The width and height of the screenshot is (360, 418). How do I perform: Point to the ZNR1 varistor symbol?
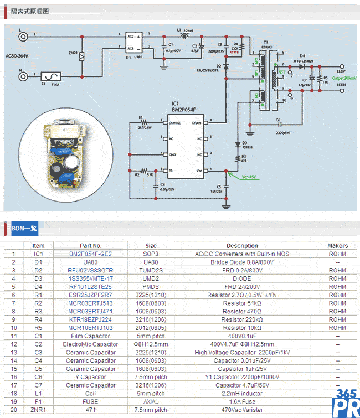(82, 55)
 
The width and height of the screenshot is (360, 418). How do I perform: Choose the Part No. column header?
(91, 246)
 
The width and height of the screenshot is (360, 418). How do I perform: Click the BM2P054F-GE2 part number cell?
(91, 254)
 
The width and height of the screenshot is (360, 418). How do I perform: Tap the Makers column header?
(337, 246)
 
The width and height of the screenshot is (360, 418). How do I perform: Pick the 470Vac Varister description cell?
(242, 410)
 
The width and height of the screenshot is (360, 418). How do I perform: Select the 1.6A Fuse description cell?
(242, 401)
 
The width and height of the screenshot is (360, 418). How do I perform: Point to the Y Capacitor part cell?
(91, 377)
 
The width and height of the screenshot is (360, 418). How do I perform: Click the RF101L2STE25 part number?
(91, 287)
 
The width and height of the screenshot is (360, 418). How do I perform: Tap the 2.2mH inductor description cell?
(242, 394)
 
